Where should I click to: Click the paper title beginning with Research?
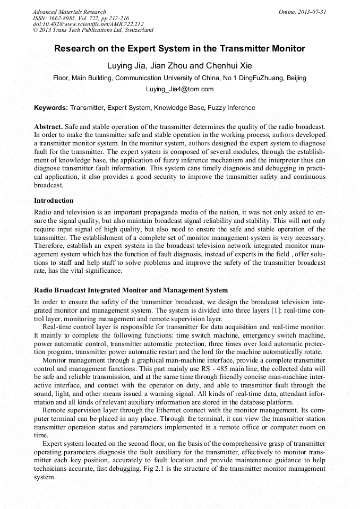point(179,49)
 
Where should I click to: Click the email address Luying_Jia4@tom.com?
point(179,89)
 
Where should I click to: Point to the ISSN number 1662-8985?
point(63,18)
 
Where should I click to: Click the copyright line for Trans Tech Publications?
point(93,30)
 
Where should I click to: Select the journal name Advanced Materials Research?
point(70,12)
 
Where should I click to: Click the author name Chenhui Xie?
point(229,66)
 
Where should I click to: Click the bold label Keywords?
point(51,108)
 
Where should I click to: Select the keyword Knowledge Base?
point(178,108)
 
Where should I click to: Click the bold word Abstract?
point(48,127)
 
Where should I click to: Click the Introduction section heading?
point(54,201)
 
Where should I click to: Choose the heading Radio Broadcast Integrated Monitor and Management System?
point(131,290)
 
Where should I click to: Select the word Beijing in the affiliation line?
point(296,78)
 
